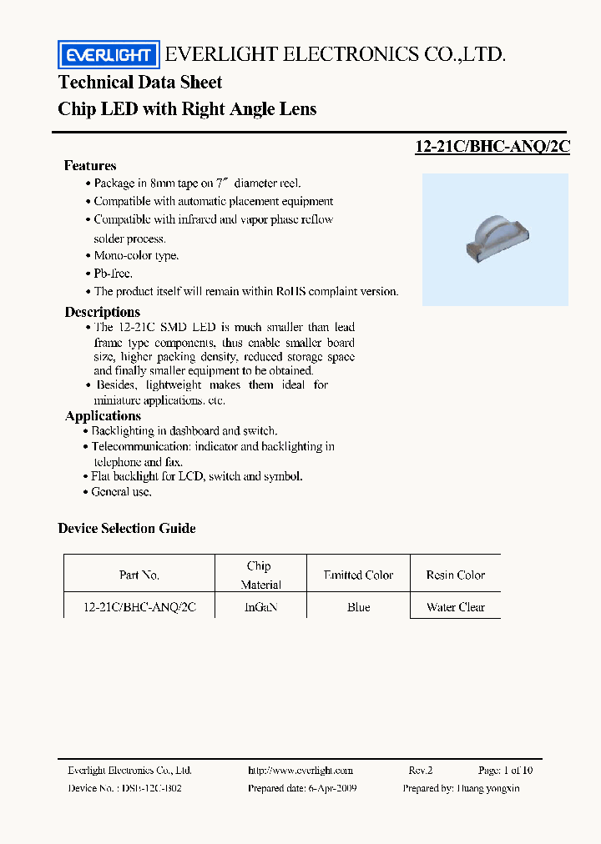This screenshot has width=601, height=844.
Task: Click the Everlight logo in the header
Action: coord(108,55)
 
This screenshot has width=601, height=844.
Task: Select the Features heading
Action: coord(90,165)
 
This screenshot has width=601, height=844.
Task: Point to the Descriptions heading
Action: coord(103,312)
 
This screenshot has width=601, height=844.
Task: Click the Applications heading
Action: coord(104,415)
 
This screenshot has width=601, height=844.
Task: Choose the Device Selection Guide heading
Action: coord(127,528)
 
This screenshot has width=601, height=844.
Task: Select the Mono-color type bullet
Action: coord(135,256)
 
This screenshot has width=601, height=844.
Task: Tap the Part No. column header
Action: coord(139,575)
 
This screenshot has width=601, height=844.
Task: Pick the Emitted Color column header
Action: coord(358,575)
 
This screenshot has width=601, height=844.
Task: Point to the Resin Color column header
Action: coord(455,575)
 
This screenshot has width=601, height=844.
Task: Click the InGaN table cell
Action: coord(260,607)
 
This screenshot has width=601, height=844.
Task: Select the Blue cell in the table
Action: coord(358,607)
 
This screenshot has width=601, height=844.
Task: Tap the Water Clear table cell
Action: coord(455,607)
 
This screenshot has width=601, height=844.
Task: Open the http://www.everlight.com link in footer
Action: coord(300,771)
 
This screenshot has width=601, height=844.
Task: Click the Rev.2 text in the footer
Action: coord(420,771)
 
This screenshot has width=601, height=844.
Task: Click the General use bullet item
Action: coord(121,492)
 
